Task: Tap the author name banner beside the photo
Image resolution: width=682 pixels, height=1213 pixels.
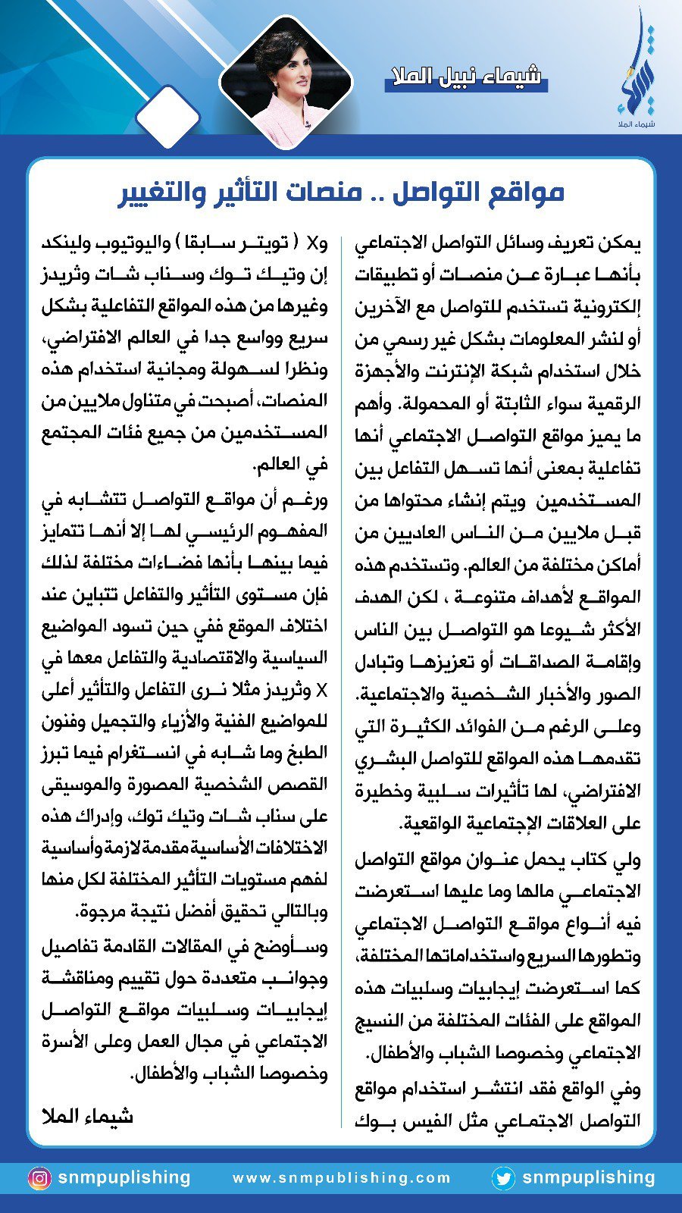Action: (465, 77)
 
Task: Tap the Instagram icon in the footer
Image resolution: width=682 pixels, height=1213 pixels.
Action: (39, 1178)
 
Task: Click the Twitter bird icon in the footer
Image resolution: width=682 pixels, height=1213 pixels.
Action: (502, 1178)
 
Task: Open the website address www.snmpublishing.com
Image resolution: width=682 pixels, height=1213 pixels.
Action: (342, 1178)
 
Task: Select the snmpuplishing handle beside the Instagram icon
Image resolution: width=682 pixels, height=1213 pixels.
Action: (124, 1177)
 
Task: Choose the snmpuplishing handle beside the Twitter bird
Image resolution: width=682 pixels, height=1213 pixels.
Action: (588, 1177)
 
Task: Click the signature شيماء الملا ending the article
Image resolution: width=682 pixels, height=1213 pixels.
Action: (87, 1116)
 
